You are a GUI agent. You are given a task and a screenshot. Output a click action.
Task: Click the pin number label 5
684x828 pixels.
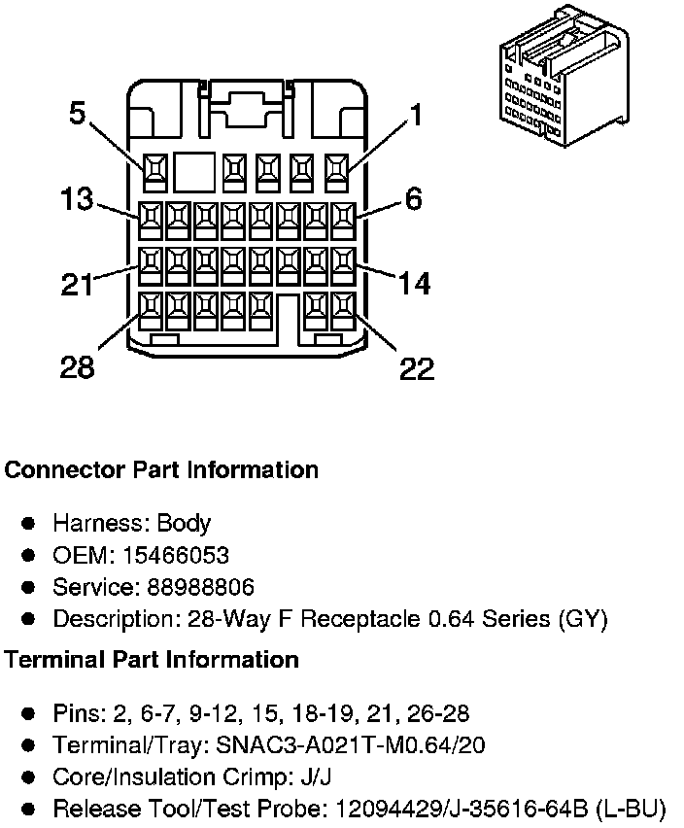click(x=78, y=115)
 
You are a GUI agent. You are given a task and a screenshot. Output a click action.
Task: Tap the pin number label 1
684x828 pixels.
click(x=416, y=116)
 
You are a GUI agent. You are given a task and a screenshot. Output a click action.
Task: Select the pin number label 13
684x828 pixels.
click(x=76, y=199)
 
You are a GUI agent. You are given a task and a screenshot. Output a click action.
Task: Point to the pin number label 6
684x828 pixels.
click(x=414, y=199)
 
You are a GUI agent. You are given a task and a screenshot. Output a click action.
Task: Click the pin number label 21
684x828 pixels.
click(x=76, y=285)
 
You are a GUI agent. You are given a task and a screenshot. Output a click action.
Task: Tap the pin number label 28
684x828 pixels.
click(x=77, y=368)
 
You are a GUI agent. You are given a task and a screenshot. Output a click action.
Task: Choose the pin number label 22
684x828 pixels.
click(x=416, y=368)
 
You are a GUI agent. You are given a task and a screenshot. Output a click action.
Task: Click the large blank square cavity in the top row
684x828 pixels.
click(x=193, y=172)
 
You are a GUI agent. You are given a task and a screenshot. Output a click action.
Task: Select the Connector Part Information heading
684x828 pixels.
click(x=161, y=470)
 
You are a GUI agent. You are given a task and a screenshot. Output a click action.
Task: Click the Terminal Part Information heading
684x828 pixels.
click(x=152, y=660)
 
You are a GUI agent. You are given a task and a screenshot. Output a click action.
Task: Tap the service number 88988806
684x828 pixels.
click(x=201, y=587)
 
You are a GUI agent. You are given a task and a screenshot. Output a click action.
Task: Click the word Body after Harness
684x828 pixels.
click(x=184, y=524)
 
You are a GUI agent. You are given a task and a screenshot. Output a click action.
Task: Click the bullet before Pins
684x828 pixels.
click(x=29, y=714)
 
